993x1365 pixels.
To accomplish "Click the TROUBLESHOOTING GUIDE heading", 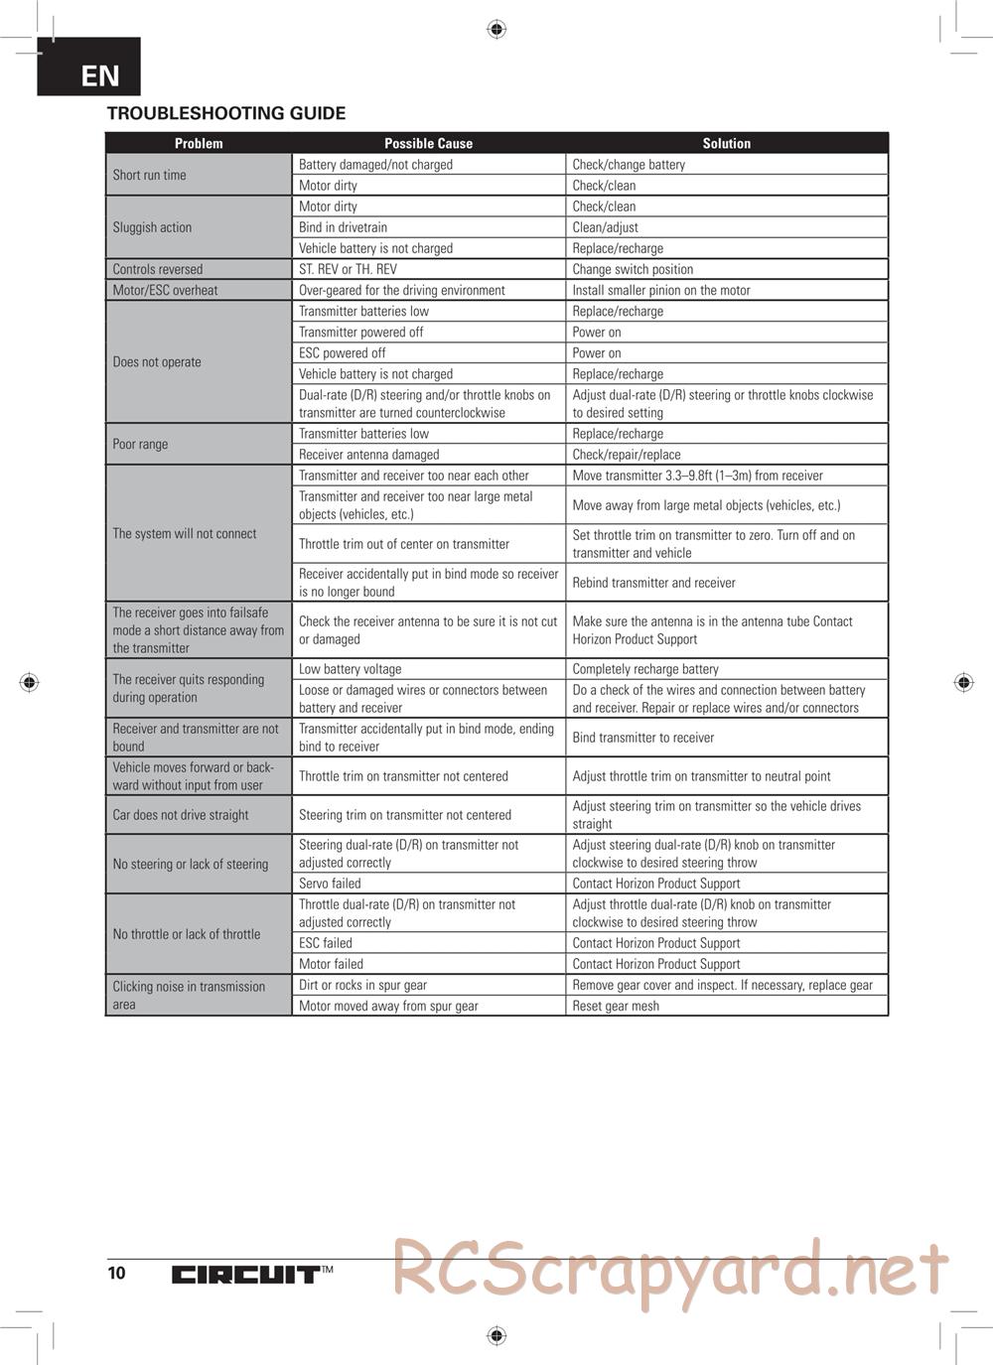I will pos(226,113).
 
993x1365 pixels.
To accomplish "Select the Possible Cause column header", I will pos(428,143).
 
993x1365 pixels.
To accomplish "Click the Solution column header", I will pos(726,143).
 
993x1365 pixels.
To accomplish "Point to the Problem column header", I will pos(199,143).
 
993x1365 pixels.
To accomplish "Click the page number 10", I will pos(117,1273).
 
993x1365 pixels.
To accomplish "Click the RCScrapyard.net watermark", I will pos(669,1269).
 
